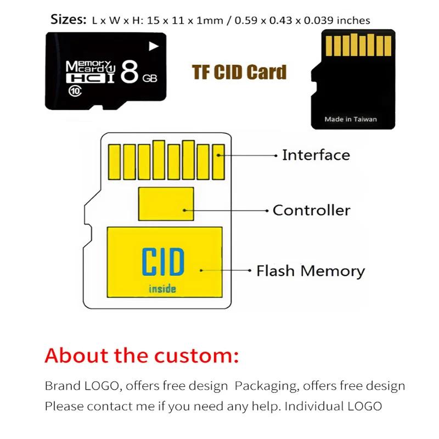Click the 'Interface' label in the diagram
pyautogui.click(x=316, y=155)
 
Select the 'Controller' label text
pyautogui.click(x=311, y=210)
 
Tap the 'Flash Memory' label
pyautogui.click(x=310, y=271)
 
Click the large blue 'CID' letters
pyautogui.click(x=162, y=262)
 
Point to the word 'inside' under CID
pyautogui.click(x=162, y=289)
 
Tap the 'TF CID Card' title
pyautogui.click(x=239, y=72)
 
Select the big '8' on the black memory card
pyautogui.click(x=128, y=71)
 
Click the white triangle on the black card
pyautogui.click(x=154, y=46)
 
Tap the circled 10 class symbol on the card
pyautogui.click(x=74, y=92)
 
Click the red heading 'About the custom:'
pyautogui.click(x=142, y=356)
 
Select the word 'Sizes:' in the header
pyautogui.click(x=69, y=20)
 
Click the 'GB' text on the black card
pyautogui.click(x=149, y=79)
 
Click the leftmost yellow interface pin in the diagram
pyautogui.click(x=115, y=162)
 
